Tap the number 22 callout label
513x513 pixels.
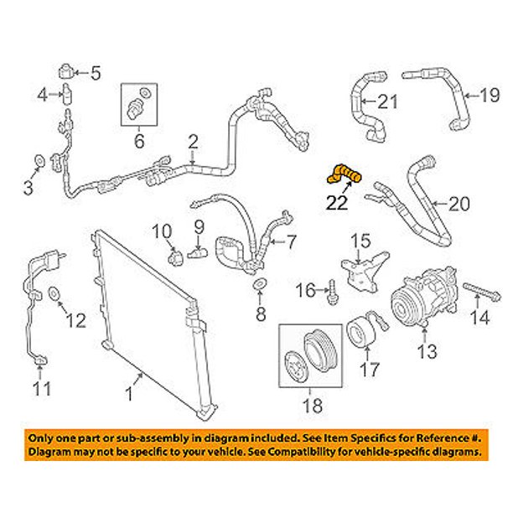(337, 203)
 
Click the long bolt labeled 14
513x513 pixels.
(482, 292)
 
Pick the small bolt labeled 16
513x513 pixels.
(333, 291)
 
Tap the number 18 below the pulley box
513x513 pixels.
(313, 406)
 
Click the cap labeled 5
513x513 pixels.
(67, 71)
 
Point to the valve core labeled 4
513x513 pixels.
(68, 94)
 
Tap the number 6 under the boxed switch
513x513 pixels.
(139, 142)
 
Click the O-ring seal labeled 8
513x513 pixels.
(260, 284)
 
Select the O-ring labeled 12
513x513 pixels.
(54, 293)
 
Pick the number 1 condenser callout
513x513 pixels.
(129, 394)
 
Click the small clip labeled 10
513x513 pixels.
(176, 257)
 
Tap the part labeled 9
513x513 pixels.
(198, 253)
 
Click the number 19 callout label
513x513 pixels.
(490, 96)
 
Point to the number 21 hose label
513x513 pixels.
(388, 101)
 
